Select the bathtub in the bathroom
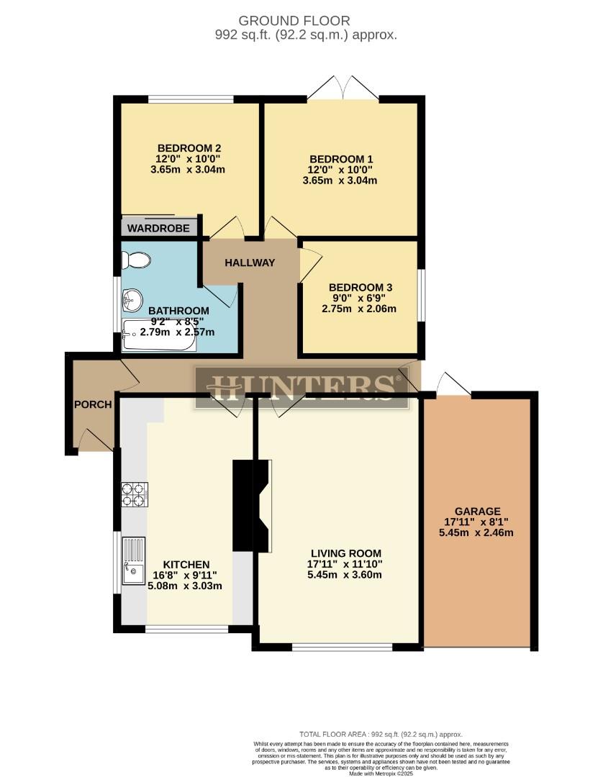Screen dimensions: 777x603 click(x=158, y=337)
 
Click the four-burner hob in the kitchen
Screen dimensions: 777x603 click(x=135, y=494)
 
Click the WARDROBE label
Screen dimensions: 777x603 click(x=159, y=228)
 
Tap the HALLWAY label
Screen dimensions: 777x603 click(x=250, y=263)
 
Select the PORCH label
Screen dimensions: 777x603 click(x=93, y=404)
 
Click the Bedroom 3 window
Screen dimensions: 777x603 click(x=421, y=296)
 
